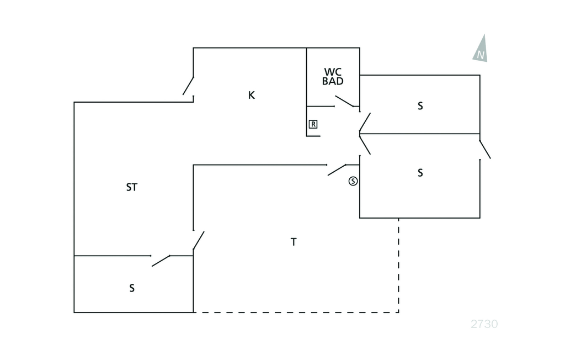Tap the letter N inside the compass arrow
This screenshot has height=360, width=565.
click(481, 55)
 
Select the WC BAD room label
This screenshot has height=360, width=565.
click(333, 76)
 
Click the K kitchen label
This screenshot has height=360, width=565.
click(252, 95)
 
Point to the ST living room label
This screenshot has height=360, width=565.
click(131, 187)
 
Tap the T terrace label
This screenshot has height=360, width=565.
click(294, 242)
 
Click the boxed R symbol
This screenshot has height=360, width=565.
click(313, 124)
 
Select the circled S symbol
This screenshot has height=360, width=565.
click(353, 181)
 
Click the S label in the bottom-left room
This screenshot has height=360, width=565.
click(132, 288)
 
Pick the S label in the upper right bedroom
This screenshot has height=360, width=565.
click(420, 106)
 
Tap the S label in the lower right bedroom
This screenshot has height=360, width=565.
click(420, 173)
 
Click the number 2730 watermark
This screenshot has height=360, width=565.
click(484, 324)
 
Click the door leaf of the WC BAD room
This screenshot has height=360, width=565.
click(344, 101)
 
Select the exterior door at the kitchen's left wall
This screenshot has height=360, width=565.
click(188, 86)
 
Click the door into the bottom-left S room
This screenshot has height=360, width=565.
click(161, 261)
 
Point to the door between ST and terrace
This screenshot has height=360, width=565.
click(199, 240)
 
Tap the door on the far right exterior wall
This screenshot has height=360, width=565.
click(485, 149)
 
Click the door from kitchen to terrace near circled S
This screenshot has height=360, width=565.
click(337, 170)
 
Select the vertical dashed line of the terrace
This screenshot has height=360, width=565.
click(398, 265)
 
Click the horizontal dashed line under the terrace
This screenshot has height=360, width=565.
click(296, 313)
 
